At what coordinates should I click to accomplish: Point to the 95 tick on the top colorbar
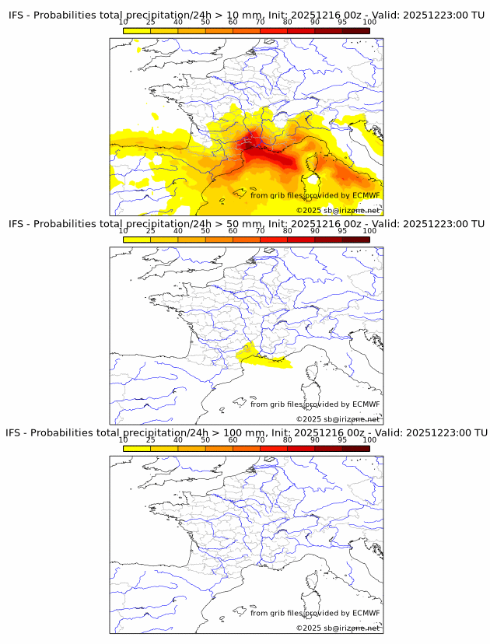click(342, 23)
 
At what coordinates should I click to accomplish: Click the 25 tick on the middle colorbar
click(150, 231)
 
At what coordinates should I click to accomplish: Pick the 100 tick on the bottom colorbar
click(369, 439)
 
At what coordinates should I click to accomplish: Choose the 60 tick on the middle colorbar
click(233, 231)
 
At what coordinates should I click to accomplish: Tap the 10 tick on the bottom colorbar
click(123, 439)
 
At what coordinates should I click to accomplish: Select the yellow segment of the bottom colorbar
click(136, 448)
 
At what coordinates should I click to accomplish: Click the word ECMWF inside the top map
click(366, 195)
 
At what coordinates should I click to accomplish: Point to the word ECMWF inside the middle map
click(366, 404)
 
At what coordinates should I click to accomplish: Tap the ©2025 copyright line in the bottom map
click(338, 628)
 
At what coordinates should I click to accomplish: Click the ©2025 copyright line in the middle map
click(338, 419)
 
